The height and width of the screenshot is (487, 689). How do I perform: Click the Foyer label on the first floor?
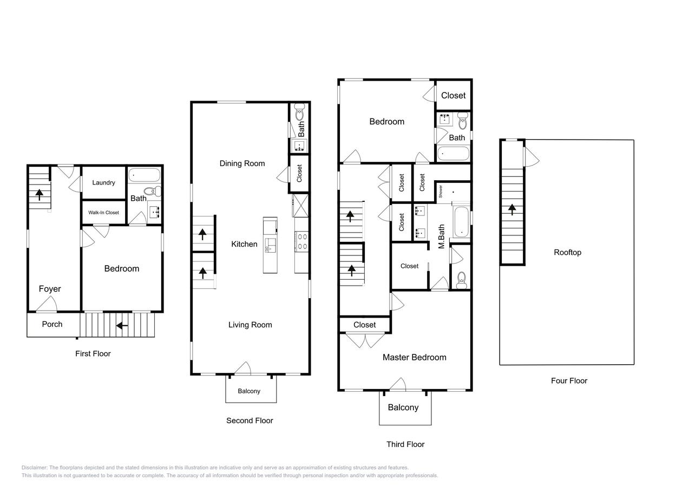[x=50, y=289]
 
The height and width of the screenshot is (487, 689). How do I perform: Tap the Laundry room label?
[x=103, y=183]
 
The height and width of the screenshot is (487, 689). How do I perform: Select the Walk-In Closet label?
[x=103, y=213]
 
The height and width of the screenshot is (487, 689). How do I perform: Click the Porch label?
[x=52, y=324]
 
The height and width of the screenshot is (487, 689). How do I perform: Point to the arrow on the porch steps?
[x=122, y=325]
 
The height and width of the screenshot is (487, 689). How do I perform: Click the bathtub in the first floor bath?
[x=145, y=175]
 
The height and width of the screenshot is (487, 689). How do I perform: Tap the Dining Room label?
[x=242, y=163]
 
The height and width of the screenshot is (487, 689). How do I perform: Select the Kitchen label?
[x=244, y=244]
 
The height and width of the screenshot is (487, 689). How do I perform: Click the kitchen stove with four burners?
[x=301, y=241]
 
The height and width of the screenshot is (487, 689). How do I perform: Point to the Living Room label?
[x=250, y=325]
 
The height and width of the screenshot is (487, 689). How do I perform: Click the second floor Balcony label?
[x=249, y=391]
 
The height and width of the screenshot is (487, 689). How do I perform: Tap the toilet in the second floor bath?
[x=299, y=114]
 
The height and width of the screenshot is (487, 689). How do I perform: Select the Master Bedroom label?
[x=414, y=357]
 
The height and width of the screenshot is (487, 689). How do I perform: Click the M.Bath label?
[x=441, y=236]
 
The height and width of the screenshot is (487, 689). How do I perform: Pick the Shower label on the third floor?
[x=441, y=191]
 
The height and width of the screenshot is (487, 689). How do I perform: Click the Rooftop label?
[x=567, y=252]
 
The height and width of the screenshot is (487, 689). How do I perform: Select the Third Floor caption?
[x=405, y=444]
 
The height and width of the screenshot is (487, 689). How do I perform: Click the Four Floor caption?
[x=569, y=380]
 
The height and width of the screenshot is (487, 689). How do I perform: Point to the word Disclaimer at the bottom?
[x=34, y=468]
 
